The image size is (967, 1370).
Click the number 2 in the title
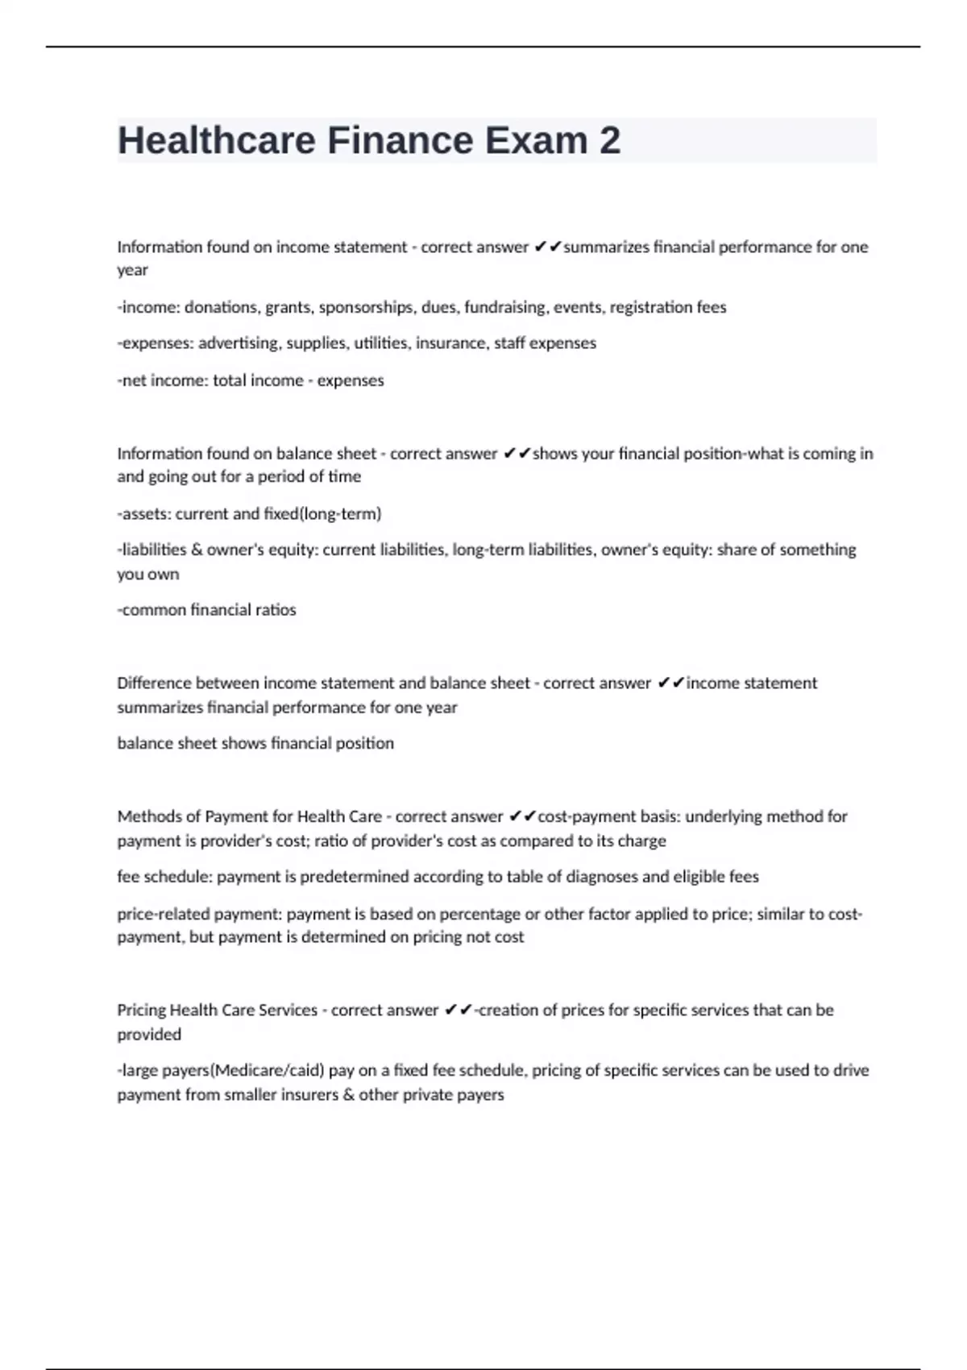tap(610, 140)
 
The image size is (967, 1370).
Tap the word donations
tap(220, 307)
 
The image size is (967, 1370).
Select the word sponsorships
tap(366, 307)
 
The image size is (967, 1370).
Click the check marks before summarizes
tap(547, 247)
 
